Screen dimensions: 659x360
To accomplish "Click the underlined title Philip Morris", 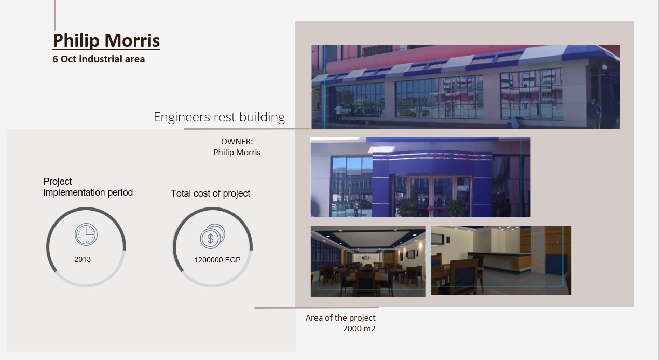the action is coord(106,40).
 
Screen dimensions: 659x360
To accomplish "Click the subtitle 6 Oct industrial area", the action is coord(99,59).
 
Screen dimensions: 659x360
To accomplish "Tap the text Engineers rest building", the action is coord(219,117).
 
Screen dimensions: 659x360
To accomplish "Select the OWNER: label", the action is coord(237,142).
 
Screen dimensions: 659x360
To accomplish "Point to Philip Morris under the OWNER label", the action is coord(237,153).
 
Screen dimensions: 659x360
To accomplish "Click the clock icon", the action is coord(86,234).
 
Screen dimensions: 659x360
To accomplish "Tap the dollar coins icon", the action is coord(212,236).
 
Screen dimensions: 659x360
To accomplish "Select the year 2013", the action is coord(83,259).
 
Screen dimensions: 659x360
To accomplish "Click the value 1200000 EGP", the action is coord(217,260).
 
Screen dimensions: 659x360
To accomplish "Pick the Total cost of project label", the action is coord(210,193).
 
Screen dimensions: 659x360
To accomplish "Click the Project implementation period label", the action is coord(88,187).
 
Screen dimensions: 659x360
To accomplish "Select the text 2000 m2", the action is coord(359,328).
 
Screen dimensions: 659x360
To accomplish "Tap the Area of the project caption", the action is coord(340,317).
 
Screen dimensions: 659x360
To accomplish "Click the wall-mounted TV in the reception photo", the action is coord(437,240).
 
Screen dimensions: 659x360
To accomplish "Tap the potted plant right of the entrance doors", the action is coord(456,207).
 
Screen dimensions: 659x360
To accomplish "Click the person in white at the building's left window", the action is coord(339,114).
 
